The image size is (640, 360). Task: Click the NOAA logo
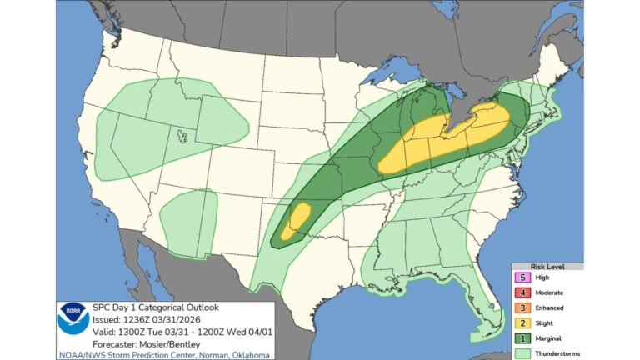pyautogui.click(x=73, y=318)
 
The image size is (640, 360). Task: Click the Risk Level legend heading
pyautogui.click(x=547, y=267)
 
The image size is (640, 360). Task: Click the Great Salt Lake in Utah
pyautogui.click(x=181, y=131)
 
